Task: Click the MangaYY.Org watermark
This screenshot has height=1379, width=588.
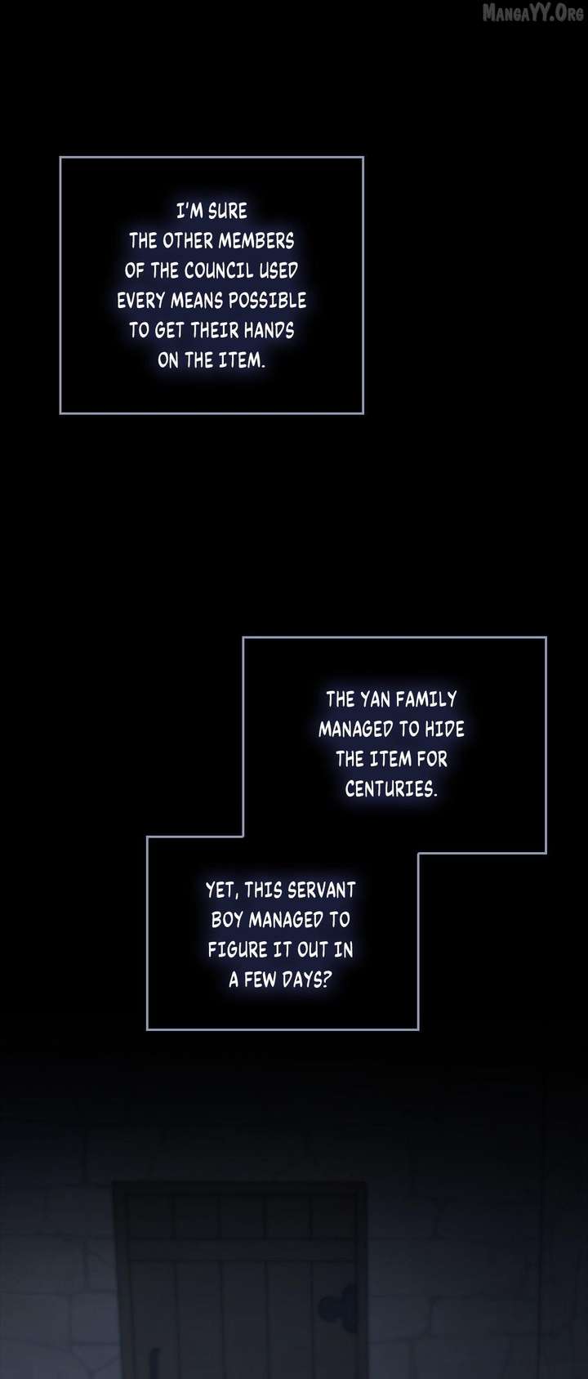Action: point(533,12)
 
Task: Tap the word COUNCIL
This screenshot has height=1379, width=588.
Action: point(219,270)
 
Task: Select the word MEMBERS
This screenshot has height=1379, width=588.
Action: point(256,241)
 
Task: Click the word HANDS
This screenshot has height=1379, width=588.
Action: point(269,331)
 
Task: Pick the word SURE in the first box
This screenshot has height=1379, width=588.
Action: point(227,211)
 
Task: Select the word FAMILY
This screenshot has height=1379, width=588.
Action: point(426,698)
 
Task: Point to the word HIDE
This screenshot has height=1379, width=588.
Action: point(444,729)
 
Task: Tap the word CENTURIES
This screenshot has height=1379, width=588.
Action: point(391,789)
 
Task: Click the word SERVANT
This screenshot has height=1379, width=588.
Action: point(322,890)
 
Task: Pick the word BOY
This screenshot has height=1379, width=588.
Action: point(227,920)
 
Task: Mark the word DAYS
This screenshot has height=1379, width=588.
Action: point(306,980)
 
